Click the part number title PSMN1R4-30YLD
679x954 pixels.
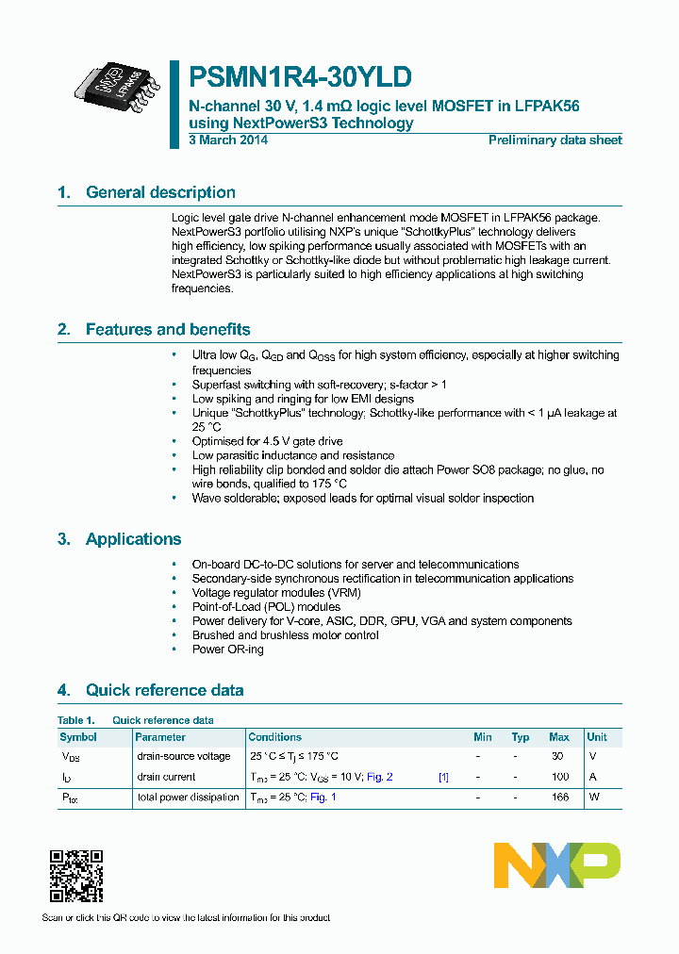[x=300, y=78]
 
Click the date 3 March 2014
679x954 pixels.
[x=228, y=140]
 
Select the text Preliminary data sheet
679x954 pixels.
[x=555, y=140]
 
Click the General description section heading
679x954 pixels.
[x=160, y=192]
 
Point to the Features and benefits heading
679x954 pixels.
[x=168, y=330]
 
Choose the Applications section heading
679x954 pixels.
[x=133, y=539]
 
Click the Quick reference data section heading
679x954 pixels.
[x=164, y=690]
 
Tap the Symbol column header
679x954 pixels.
[x=78, y=737]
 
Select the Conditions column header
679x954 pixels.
[x=274, y=737]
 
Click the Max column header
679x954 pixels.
[x=559, y=737]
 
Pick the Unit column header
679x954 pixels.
[x=597, y=737]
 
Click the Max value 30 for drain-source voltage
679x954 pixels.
[x=557, y=756]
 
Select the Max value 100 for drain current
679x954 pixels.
[x=560, y=777]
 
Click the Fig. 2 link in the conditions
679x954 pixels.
[x=379, y=777]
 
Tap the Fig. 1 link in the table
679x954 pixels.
[x=323, y=798]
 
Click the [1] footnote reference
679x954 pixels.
[x=443, y=777]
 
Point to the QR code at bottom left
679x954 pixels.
[x=75, y=876]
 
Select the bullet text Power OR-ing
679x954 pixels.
[x=227, y=650]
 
